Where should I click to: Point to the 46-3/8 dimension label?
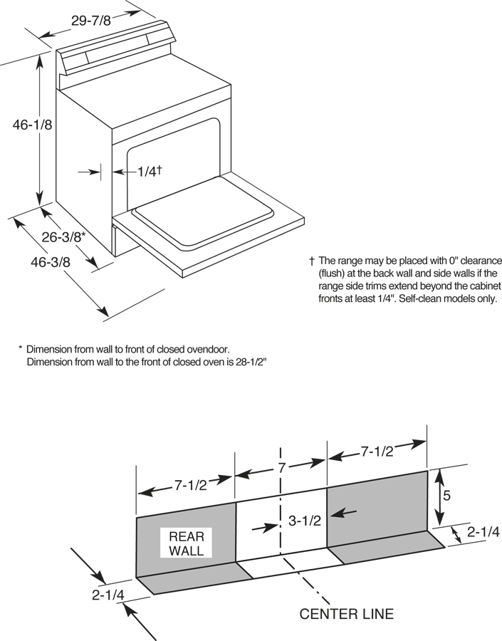coord(51,261)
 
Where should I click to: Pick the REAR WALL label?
coord(187,543)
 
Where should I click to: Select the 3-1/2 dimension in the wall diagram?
coord(304,520)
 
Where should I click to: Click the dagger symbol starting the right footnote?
coord(312,261)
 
